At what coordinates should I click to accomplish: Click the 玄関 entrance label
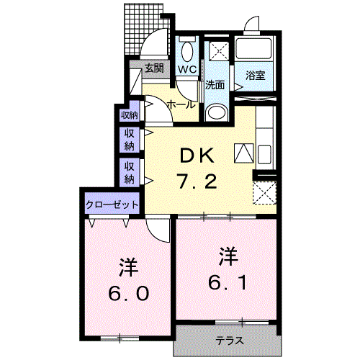[x=153, y=69]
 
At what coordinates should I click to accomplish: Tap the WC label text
[x=187, y=70]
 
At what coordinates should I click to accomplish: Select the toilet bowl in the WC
[x=187, y=51]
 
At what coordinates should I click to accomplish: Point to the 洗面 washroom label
[x=215, y=84]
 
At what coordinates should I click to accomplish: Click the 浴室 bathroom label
[x=255, y=75]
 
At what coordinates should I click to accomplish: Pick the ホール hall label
[x=181, y=105]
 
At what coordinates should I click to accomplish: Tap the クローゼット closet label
[x=112, y=204]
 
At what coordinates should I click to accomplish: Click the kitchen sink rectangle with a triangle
[x=243, y=153]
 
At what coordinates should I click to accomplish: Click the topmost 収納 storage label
[x=128, y=114]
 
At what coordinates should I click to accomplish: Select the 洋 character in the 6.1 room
[x=228, y=255]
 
